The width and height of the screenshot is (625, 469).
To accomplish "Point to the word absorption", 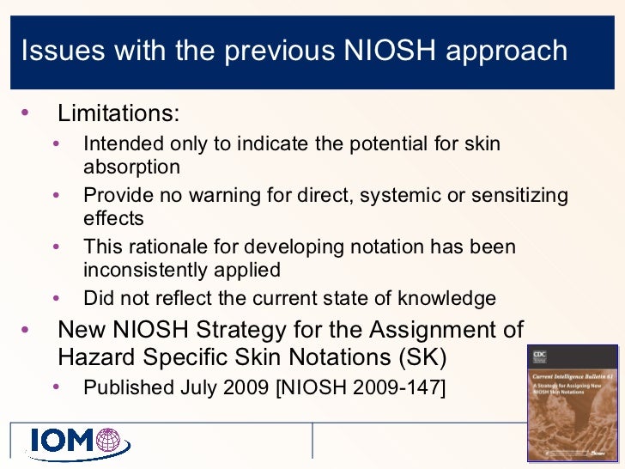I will pos(131,167).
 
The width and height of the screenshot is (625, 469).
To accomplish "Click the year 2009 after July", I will pos(243,387).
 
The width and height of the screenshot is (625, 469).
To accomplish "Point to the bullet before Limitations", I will pos(23,113).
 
